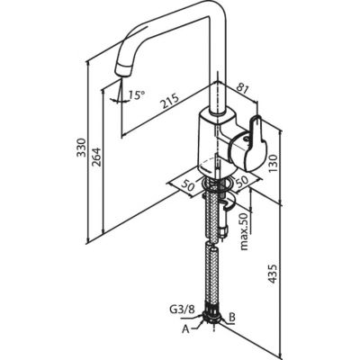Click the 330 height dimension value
81,147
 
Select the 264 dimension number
96,157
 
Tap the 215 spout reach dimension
169,101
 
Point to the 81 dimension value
243,89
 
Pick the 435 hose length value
273,274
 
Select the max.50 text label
245,231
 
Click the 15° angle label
137,95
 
